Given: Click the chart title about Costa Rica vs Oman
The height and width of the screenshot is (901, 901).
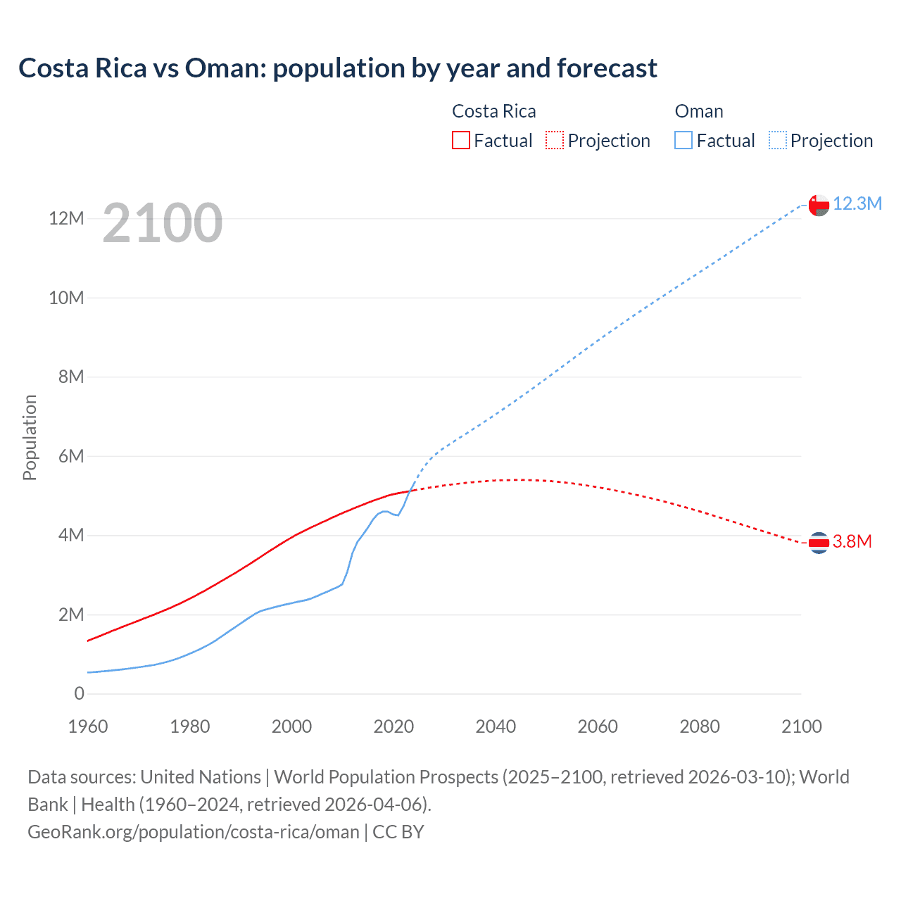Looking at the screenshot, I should pos(338,68).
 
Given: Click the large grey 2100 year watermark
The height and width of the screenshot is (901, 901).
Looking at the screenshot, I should pos(163,223).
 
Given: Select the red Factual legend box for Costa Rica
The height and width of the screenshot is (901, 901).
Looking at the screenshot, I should pos(460,140).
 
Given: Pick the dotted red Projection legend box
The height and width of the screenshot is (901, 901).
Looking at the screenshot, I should pos(555,140).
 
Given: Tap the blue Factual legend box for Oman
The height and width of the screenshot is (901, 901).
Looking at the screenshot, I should pos(683,140).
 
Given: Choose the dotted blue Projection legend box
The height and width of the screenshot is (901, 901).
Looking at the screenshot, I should pos(777,140).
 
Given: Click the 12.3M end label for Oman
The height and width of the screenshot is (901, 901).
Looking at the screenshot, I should pos(857,204).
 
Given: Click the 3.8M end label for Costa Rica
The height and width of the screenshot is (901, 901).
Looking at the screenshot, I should pos(852,541).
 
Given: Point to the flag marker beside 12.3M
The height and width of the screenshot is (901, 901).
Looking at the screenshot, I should pos(819,205).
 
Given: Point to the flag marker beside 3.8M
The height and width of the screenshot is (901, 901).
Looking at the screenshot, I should pos(819,542).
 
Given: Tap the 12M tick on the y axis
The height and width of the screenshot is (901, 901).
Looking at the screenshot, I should pos(67,219).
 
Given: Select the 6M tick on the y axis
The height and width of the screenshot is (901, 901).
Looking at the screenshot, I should pos(71,456).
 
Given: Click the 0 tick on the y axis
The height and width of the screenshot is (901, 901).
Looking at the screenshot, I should pos(80,693).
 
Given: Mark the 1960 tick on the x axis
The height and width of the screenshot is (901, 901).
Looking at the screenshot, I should pos(88,726).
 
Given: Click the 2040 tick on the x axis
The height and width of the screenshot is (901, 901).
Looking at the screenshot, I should pos(496,726).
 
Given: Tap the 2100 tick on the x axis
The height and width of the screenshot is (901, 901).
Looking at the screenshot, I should pos(801,726).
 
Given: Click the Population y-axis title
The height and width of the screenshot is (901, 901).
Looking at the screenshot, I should pos(30,437).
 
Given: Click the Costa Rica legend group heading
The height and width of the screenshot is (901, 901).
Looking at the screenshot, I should pos(493,111).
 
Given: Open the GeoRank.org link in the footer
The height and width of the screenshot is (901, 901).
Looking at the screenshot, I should pos(194,832).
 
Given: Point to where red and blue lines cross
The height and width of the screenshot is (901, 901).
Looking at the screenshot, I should pos(410,490).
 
